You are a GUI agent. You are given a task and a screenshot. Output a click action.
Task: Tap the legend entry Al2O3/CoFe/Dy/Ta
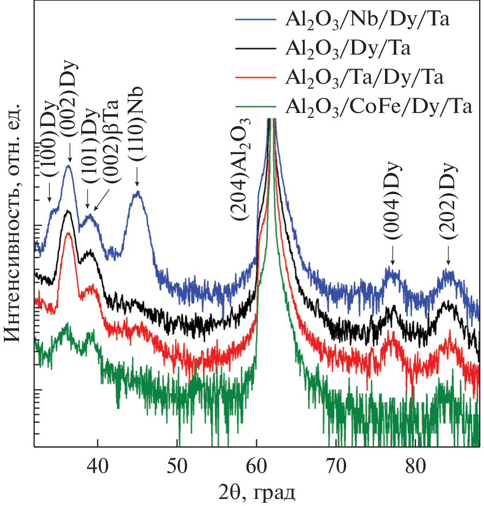coord(379,106)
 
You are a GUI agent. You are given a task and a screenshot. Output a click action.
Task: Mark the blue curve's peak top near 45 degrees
coord(137,191)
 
